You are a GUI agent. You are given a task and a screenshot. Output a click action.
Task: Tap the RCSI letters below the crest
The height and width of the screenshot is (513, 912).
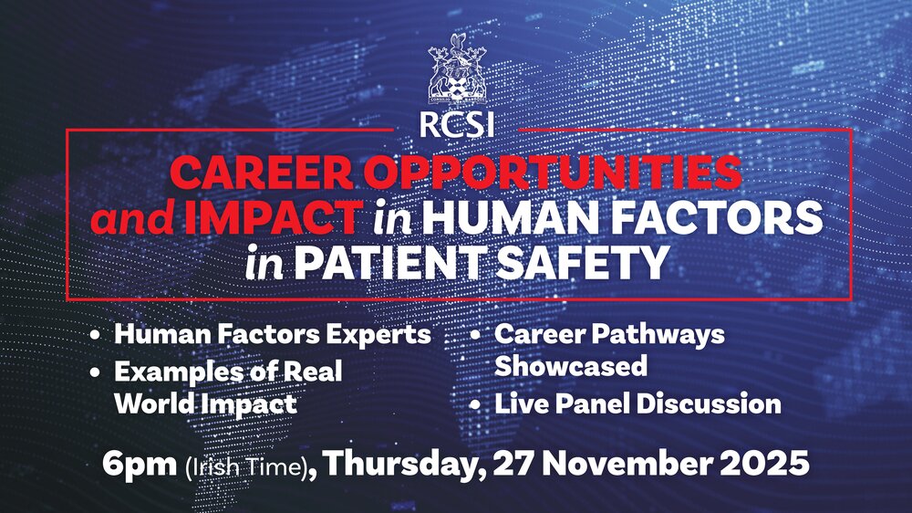[x=457, y=124]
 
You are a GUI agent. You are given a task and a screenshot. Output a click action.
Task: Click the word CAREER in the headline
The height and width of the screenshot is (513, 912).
[x=262, y=173]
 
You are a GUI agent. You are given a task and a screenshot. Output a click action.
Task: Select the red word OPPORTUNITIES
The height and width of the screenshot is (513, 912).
[x=553, y=173]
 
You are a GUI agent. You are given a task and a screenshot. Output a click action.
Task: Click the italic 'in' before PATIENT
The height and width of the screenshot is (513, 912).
[x=264, y=263]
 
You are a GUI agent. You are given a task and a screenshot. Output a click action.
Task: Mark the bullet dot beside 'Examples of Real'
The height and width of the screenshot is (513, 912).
[x=95, y=372]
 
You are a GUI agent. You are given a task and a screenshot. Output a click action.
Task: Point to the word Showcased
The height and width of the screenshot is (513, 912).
[x=571, y=366]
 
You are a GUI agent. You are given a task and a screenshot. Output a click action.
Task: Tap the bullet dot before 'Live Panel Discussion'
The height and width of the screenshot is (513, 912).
[x=476, y=404]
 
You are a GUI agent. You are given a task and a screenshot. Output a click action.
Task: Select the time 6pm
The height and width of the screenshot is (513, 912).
[x=140, y=465]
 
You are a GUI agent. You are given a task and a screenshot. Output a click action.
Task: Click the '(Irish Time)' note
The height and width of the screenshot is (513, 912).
[x=246, y=467]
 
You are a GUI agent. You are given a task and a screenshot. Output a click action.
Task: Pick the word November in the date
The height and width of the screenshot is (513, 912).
[x=629, y=464]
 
